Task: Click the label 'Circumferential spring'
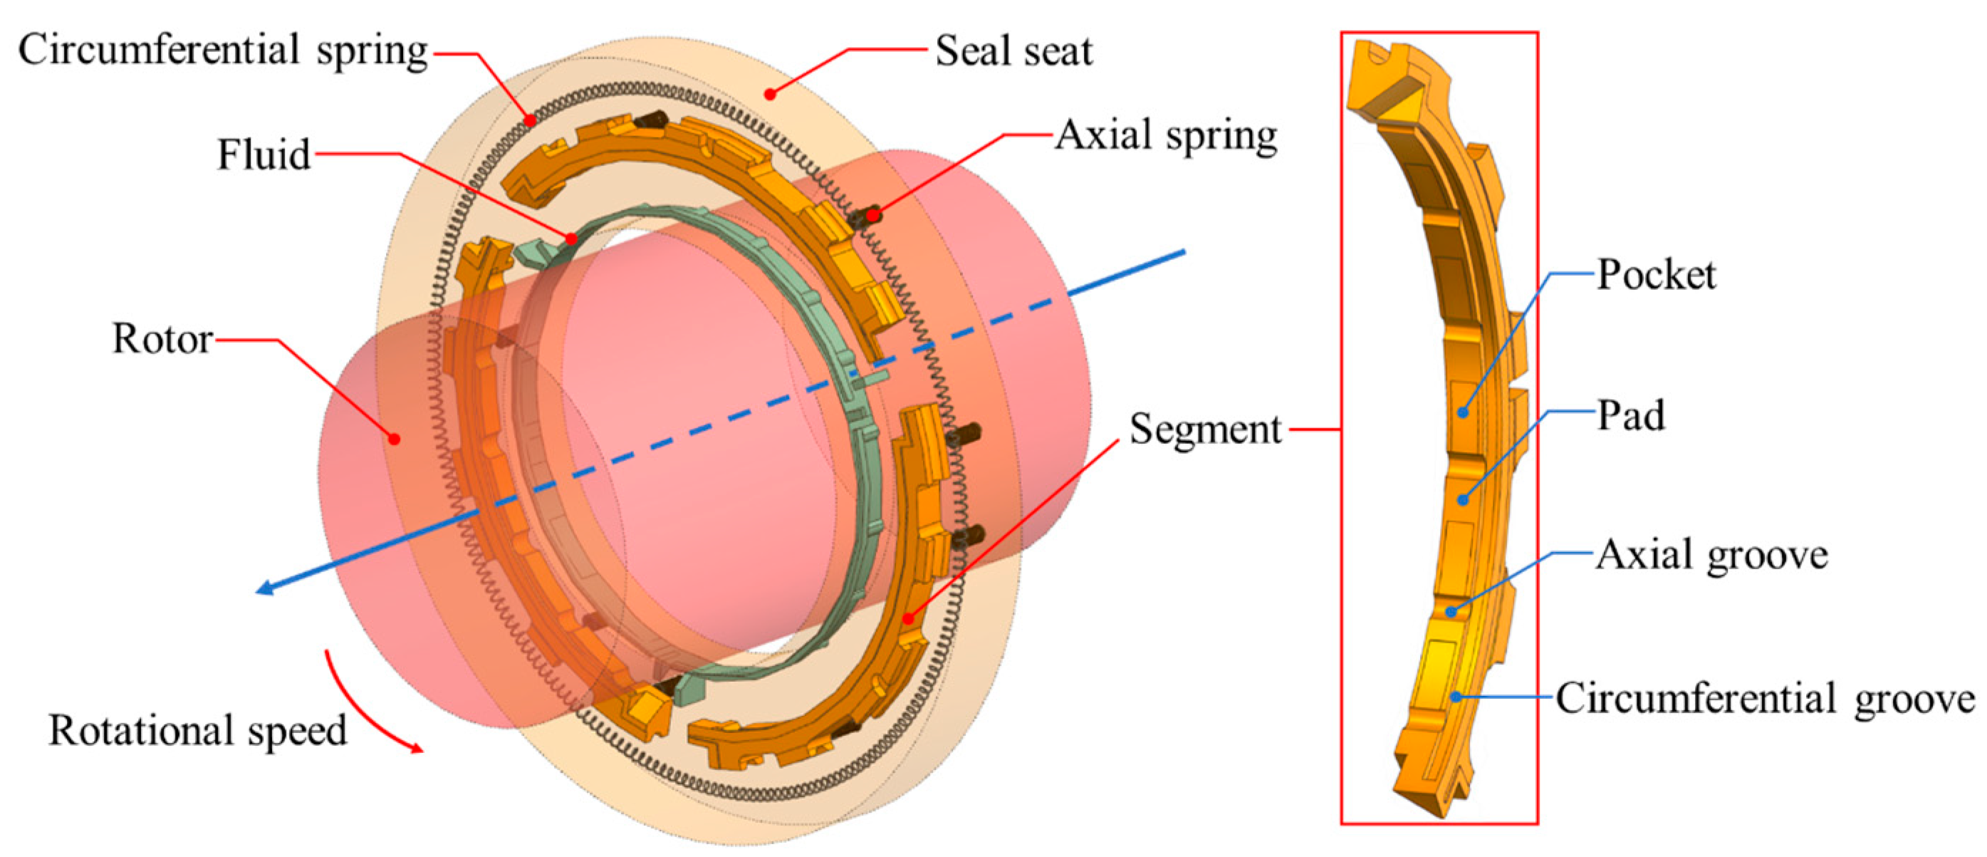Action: click(x=222, y=51)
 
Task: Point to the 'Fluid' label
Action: click(x=264, y=155)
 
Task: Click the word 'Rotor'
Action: click(x=162, y=339)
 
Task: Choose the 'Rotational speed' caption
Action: click(x=197, y=730)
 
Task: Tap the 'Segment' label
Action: click(x=1205, y=430)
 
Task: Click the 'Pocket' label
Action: click(x=1656, y=274)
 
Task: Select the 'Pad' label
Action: click(x=1631, y=415)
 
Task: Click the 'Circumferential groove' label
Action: click(x=1765, y=699)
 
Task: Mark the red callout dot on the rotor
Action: click(x=394, y=439)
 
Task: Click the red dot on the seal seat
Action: click(x=769, y=94)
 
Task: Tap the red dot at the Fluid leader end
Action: click(x=570, y=239)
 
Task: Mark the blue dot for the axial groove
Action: click(x=1451, y=613)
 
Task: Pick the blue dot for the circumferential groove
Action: click(x=1455, y=697)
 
